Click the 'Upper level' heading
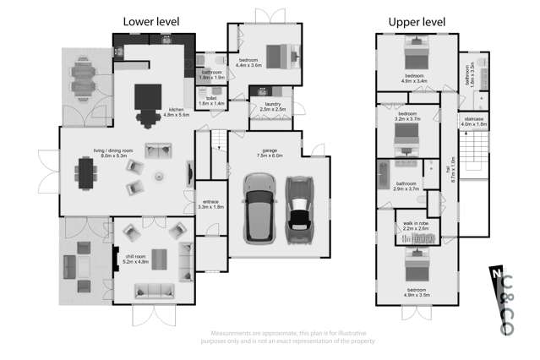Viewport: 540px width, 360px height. point(417,21)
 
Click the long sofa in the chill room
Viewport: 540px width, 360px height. point(154,292)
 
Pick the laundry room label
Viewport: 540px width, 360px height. point(272,107)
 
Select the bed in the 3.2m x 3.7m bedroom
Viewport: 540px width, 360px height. point(406,136)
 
